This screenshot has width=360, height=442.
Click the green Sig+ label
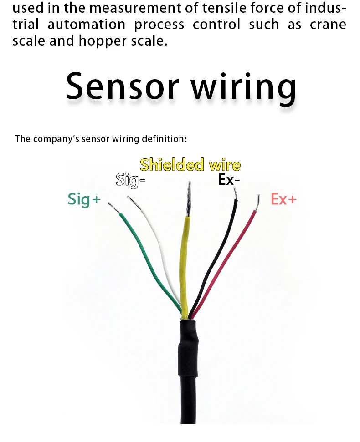(x=84, y=199)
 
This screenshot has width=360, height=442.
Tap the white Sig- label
(x=130, y=180)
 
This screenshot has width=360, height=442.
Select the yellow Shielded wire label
(x=190, y=164)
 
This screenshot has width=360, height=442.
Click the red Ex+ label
(x=283, y=199)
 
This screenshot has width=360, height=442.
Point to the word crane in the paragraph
(x=328, y=25)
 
